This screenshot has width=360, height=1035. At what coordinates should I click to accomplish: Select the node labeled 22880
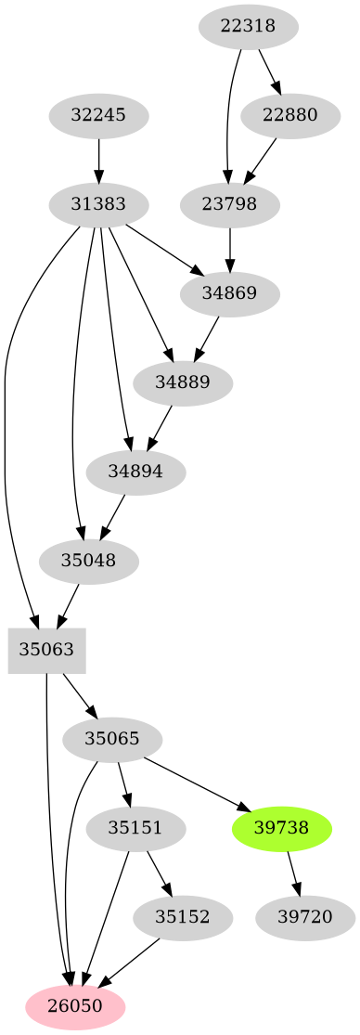289,115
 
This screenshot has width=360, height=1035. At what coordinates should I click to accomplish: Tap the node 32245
98,115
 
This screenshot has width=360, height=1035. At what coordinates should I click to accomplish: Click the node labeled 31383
98,202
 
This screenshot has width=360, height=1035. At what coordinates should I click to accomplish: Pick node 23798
228,202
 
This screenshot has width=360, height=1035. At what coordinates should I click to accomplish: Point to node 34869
228,293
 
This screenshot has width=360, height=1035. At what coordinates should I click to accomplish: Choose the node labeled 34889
182,382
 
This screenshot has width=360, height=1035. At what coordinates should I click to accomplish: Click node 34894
135,471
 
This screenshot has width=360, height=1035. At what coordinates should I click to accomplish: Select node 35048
89,560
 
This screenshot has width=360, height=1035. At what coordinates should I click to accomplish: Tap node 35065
111,739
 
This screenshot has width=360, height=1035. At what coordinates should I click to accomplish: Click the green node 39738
281,827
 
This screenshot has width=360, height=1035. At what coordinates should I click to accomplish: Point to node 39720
305,916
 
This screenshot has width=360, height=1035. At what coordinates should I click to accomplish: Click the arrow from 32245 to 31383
98,159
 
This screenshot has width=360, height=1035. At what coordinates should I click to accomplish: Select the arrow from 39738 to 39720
293,872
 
